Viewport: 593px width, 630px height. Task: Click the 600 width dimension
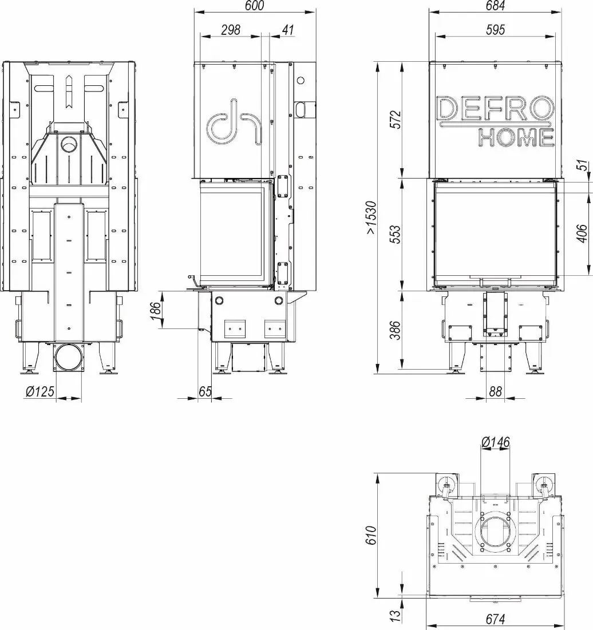click(254, 6)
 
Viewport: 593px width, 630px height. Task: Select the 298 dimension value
click(231, 30)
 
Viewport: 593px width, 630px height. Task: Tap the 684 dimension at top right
click(495, 6)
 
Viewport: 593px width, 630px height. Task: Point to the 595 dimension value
click(495, 30)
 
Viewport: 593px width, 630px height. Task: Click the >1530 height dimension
click(371, 217)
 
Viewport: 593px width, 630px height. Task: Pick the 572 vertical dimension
click(396, 120)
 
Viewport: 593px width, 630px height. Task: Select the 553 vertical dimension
click(396, 234)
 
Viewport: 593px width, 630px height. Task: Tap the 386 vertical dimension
click(396, 330)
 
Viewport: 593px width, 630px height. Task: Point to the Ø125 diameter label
click(40, 391)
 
